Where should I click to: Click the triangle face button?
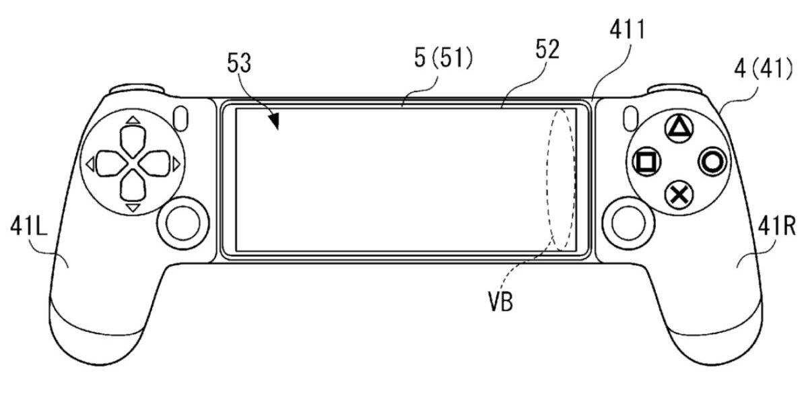tap(679, 129)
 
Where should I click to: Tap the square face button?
tap(647, 162)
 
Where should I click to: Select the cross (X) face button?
tap(679, 195)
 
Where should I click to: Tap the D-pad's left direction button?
tap(112, 164)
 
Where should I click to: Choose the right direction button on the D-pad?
tap(155, 164)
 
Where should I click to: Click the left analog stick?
tap(183, 223)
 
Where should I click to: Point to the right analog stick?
tap(628, 223)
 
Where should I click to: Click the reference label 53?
tap(239, 63)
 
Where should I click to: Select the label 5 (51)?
tap(443, 58)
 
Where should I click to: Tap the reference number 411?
tap(627, 29)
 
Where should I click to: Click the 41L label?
tap(29, 226)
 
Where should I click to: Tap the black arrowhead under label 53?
tap(275, 121)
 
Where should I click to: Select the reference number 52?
tap(547, 49)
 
